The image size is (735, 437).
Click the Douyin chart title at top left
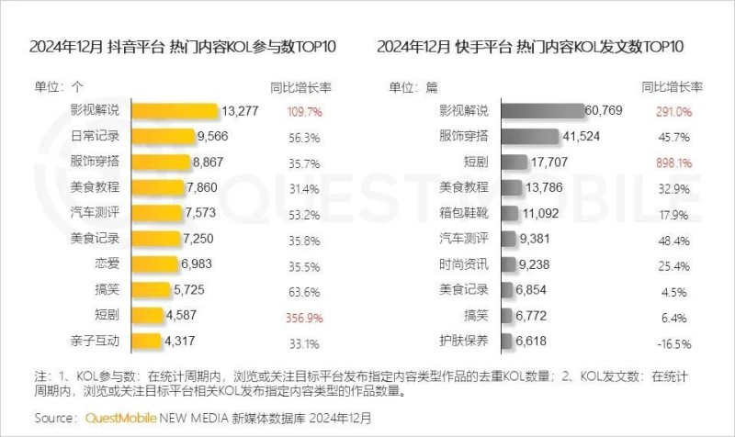[183, 46]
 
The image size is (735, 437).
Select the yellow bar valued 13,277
[175, 111]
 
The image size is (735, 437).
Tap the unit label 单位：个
[60, 87]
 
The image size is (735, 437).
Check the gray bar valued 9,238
[503, 264]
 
